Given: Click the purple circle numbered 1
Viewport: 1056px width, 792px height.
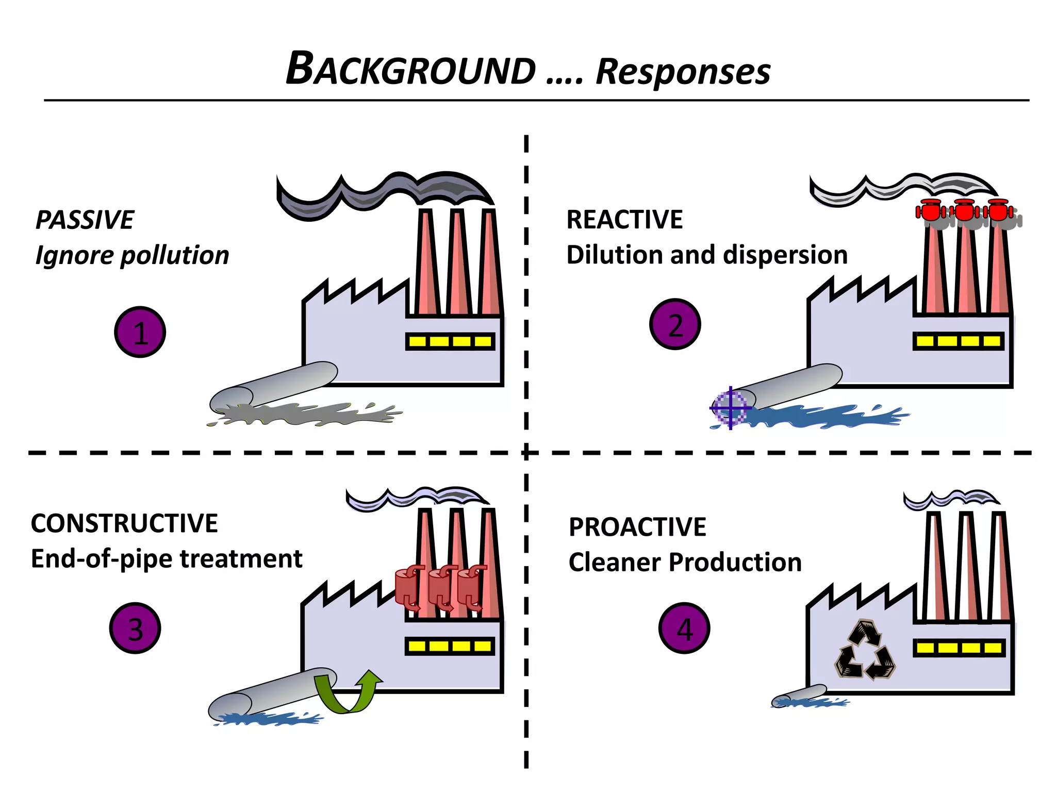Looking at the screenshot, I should (140, 332).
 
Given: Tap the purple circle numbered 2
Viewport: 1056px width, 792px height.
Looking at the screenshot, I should (674, 324).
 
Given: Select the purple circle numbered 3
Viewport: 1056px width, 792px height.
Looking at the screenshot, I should (135, 628).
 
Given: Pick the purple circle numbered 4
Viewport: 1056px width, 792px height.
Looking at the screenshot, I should (684, 628).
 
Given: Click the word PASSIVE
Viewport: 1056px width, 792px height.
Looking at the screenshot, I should (85, 220).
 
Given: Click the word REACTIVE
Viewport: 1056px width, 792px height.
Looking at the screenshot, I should (624, 220).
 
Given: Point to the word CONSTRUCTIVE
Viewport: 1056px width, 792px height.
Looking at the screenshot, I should (124, 523).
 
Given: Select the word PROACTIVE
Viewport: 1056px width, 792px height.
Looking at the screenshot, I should (637, 527).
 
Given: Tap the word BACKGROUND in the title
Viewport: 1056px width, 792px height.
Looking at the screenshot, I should (411, 69).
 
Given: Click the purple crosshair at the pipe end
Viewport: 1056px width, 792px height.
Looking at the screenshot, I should (730, 408).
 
